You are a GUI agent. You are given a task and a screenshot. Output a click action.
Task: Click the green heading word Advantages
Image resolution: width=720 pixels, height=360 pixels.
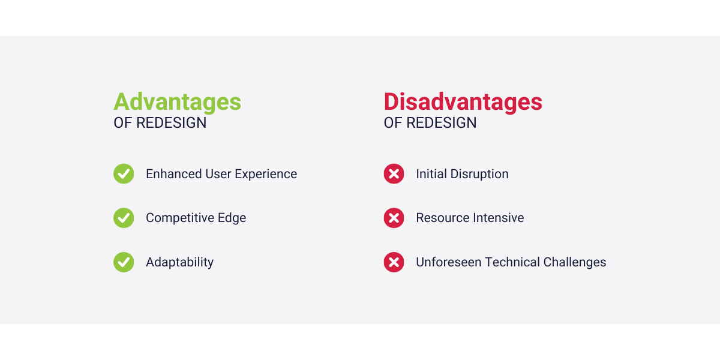pos(177,102)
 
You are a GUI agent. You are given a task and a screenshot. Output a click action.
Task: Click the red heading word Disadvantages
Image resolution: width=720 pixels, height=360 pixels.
pos(463,102)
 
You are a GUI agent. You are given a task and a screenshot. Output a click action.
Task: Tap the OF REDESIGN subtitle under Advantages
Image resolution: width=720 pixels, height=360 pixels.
pos(160,123)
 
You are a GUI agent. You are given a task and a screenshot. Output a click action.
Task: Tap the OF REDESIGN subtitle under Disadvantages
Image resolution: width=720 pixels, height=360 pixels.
pos(430,123)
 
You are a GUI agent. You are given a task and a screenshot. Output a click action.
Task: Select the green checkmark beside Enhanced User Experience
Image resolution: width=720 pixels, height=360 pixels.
pos(124,174)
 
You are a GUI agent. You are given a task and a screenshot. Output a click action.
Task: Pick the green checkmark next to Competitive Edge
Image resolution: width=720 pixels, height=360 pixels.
pos(124,218)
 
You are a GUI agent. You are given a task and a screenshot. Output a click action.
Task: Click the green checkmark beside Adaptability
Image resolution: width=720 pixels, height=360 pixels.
pos(124,262)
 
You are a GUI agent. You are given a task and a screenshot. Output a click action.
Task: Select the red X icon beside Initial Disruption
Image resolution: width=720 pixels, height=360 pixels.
pos(394,174)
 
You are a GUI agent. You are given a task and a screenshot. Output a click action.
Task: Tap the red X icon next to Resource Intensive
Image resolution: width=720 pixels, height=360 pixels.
pos(394,218)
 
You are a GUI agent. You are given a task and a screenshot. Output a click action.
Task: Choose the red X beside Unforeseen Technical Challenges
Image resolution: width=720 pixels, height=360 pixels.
pos(394,262)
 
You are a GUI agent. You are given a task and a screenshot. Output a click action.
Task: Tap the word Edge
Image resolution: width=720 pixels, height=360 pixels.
pos(232,218)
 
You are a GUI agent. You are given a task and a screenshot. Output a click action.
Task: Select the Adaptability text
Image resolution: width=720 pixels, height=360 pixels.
pos(179,263)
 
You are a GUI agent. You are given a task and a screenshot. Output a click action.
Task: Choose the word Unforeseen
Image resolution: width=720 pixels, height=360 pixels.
pos(448,262)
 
